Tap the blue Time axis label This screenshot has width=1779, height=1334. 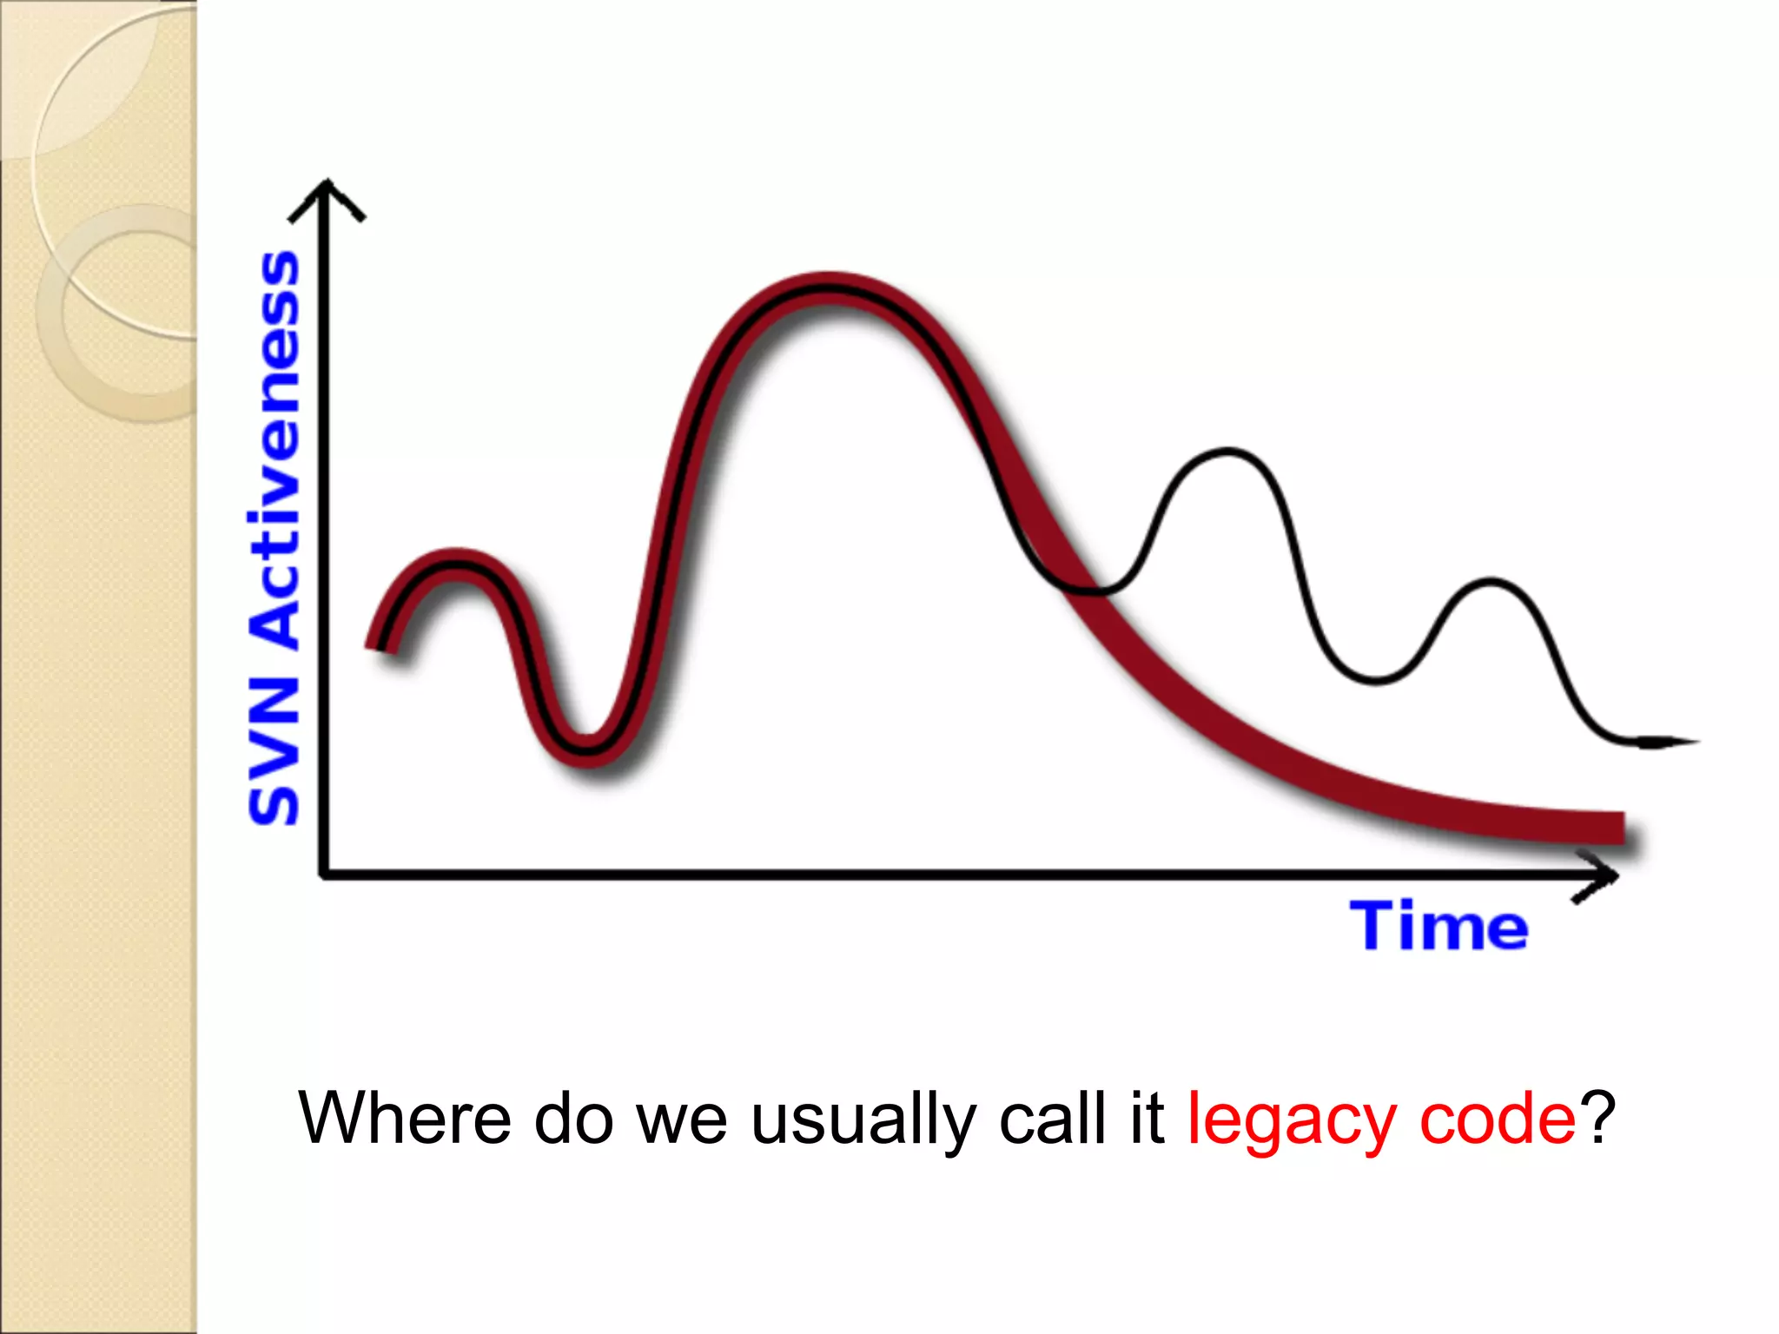(x=1438, y=927)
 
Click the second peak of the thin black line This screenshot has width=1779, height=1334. (x=1227, y=452)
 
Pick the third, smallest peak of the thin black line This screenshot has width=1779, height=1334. (x=1491, y=580)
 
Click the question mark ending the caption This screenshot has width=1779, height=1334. (x=1597, y=1119)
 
